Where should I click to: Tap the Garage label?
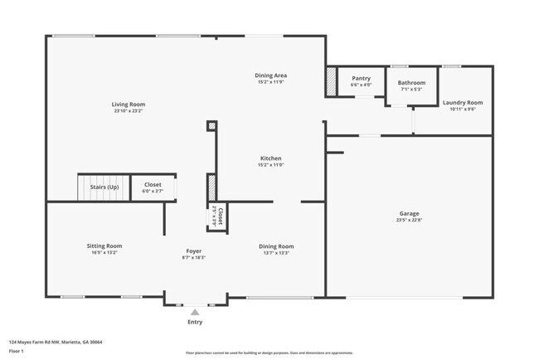click(409, 213)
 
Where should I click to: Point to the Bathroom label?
click(411, 83)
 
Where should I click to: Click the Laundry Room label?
click(463, 103)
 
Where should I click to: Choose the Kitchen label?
click(271, 158)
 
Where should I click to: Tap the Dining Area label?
click(271, 75)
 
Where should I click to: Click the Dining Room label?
click(276, 246)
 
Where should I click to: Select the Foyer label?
click(193, 251)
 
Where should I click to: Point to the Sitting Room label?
click(104, 246)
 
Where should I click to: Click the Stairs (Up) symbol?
click(104, 187)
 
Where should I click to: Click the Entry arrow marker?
click(194, 313)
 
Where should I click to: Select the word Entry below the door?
click(194, 322)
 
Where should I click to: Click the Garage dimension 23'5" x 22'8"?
click(409, 221)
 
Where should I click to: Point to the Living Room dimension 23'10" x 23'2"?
click(129, 111)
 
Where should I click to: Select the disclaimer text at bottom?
click(269, 353)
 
